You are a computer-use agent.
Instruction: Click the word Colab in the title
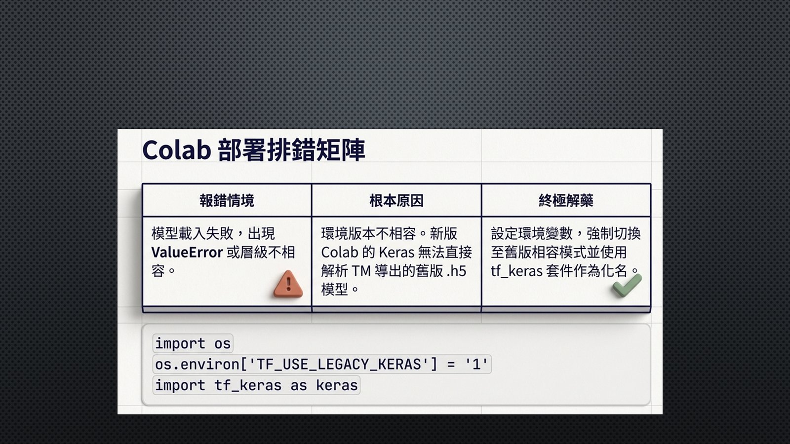[177, 150]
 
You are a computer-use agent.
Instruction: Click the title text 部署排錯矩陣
[292, 150]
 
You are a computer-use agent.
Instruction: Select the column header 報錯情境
[227, 200]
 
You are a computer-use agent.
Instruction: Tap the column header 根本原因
[396, 200]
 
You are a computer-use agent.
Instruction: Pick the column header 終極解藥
[566, 200]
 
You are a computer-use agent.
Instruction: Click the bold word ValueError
[187, 252]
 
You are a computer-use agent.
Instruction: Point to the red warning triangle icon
[288, 284]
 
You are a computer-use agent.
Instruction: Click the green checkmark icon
[627, 286]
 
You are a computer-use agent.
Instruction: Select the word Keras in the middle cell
[396, 252]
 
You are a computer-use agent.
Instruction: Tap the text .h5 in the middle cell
[456, 271]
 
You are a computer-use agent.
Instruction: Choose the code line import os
[193, 343]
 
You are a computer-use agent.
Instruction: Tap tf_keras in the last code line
[248, 385]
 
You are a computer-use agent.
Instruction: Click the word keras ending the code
[337, 385]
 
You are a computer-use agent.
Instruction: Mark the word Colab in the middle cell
[340, 252]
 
